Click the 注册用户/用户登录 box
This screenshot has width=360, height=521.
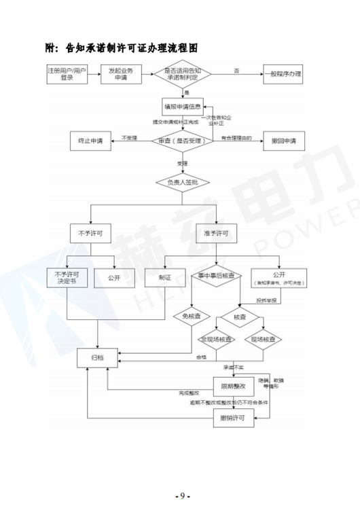click(67, 73)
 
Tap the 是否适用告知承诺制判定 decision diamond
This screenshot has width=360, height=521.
click(183, 73)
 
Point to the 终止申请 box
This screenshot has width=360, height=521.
click(90, 141)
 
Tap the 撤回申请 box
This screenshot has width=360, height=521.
click(283, 141)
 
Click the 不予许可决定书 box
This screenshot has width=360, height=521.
click(67, 277)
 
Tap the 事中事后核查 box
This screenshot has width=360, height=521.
click(216, 276)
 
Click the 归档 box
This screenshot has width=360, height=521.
click(99, 355)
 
